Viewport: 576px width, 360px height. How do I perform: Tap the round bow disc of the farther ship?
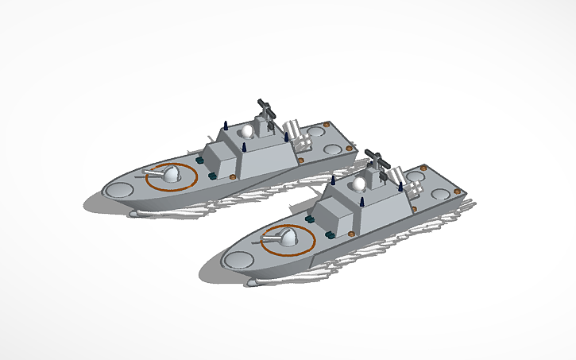(120, 191)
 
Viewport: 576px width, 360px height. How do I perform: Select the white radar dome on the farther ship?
(248, 132)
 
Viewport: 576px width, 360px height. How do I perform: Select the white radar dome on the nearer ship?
(359, 184)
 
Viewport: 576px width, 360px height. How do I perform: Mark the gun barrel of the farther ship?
(150, 170)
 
